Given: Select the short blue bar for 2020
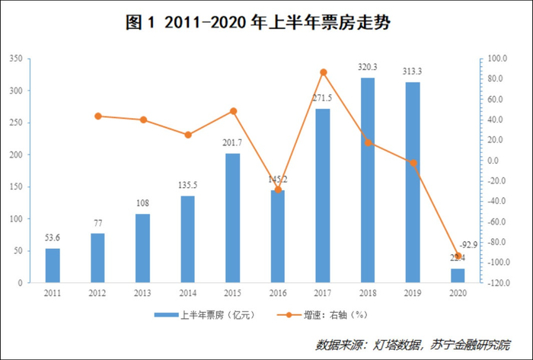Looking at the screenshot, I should pyautogui.click(x=458, y=276).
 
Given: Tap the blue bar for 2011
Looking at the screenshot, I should pyautogui.click(x=53, y=266).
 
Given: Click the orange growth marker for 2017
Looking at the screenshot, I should pyautogui.click(x=323, y=72).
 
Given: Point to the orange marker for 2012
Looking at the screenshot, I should pyautogui.click(x=97, y=116).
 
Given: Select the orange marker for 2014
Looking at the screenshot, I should pyautogui.click(x=187, y=135).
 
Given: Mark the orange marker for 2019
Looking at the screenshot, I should pyautogui.click(x=413, y=163).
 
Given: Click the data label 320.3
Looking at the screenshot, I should pyautogui.click(x=368, y=67).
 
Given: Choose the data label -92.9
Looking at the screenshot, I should pyautogui.click(x=468, y=244).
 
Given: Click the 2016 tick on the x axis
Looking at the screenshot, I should pyautogui.click(x=278, y=292).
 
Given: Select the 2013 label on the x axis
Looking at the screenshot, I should pyautogui.click(x=142, y=292).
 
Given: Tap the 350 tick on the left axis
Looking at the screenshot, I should pyautogui.click(x=14, y=59).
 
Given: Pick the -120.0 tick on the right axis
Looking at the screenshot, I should pyautogui.click(x=499, y=283).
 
